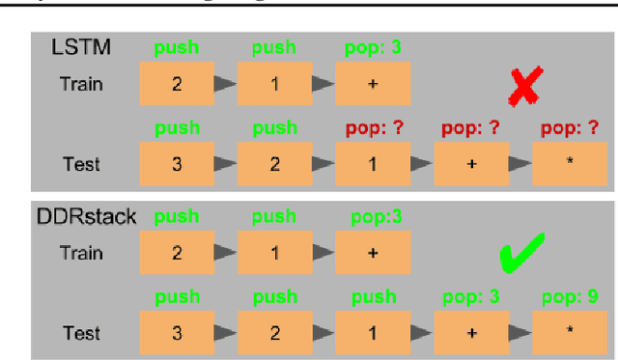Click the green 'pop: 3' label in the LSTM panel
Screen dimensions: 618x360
(x=373, y=47)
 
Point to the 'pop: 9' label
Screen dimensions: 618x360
(x=569, y=296)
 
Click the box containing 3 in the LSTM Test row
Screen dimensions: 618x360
(x=176, y=164)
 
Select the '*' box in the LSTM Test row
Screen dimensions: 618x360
(x=570, y=164)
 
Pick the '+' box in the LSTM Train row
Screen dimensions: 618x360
(x=373, y=84)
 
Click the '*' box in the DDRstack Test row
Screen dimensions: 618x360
(x=570, y=333)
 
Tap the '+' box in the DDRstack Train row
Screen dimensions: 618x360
(x=373, y=252)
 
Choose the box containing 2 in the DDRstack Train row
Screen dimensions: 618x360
(x=176, y=252)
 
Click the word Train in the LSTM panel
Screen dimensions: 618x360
(x=81, y=84)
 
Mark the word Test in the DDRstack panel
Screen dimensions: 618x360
(x=81, y=333)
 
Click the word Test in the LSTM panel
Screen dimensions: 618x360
(x=81, y=164)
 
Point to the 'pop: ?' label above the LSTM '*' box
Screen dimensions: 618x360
(x=569, y=128)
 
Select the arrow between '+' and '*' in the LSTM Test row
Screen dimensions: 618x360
(x=520, y=164)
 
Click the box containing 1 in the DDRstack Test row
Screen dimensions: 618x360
(x=373, y=333)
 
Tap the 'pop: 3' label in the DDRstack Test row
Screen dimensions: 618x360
(x=471, y=296)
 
